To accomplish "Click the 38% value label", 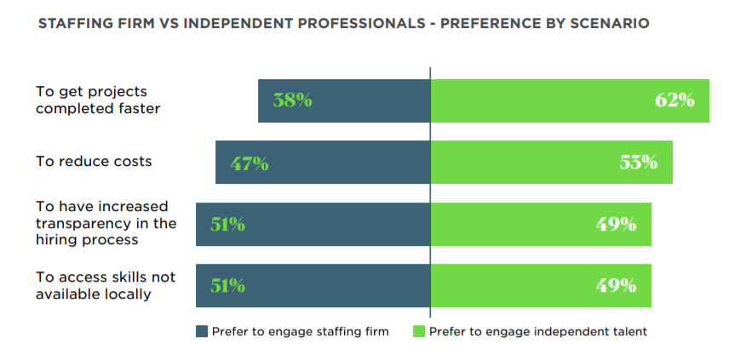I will coord(292,100).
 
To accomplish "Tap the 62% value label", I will coord(674,100).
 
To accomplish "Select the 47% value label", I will coord(249,163).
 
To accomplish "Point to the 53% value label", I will coord(638,163).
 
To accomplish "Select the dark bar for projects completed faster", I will coord(366,100).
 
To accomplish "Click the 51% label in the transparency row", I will coord(227,225).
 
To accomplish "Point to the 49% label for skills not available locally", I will coord(617,286).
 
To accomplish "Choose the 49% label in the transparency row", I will coord(617,225).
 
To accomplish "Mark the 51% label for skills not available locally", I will coord(227,286).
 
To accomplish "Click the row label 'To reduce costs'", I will coord(94,161).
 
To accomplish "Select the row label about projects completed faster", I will coord(97,100).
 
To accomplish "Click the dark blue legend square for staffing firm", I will coord(202,332).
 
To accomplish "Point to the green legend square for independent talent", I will coord(419,332).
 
